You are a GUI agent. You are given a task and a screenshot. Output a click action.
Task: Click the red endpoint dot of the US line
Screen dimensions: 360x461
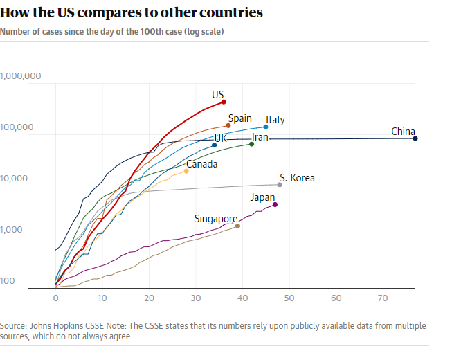(x=224, y=102)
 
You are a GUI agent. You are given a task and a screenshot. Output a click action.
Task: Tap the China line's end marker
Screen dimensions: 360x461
(x=415, y=138)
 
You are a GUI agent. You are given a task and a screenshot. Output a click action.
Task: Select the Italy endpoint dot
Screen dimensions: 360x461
(x=266, y=127)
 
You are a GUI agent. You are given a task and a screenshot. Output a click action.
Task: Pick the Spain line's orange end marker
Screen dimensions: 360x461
(x=228, y=125)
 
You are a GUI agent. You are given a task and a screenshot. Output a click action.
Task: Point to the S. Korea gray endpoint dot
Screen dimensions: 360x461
(x=280, y=184)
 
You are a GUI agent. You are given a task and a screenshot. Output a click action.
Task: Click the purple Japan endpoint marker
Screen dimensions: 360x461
(x=275, y=204)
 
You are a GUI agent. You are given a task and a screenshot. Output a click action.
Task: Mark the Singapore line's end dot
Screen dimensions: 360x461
(x=238, y=226)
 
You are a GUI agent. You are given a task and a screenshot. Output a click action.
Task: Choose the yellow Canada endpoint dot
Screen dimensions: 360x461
(x=186, y=171)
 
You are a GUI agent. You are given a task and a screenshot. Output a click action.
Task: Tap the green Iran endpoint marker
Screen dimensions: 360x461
(x=252, y=143)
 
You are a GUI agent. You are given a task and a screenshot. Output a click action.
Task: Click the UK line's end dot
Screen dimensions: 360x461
(x=215, y=145)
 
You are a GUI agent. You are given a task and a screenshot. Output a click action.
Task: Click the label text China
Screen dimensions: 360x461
(x=403, y=132)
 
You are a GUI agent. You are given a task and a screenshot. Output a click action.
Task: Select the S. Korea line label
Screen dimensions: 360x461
(x=297, y=178)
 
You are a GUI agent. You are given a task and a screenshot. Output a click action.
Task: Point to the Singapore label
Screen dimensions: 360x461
(x=216, y=219)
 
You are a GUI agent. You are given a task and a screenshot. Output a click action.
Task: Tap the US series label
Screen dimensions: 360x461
(x=218, y=94)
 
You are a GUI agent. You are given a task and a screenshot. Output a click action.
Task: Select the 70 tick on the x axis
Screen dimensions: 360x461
(x=383, y=298)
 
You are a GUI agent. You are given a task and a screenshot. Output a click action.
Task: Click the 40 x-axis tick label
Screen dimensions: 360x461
(x=243, y=298)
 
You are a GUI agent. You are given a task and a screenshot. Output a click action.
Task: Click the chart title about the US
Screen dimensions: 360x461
(x=131, y=13)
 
